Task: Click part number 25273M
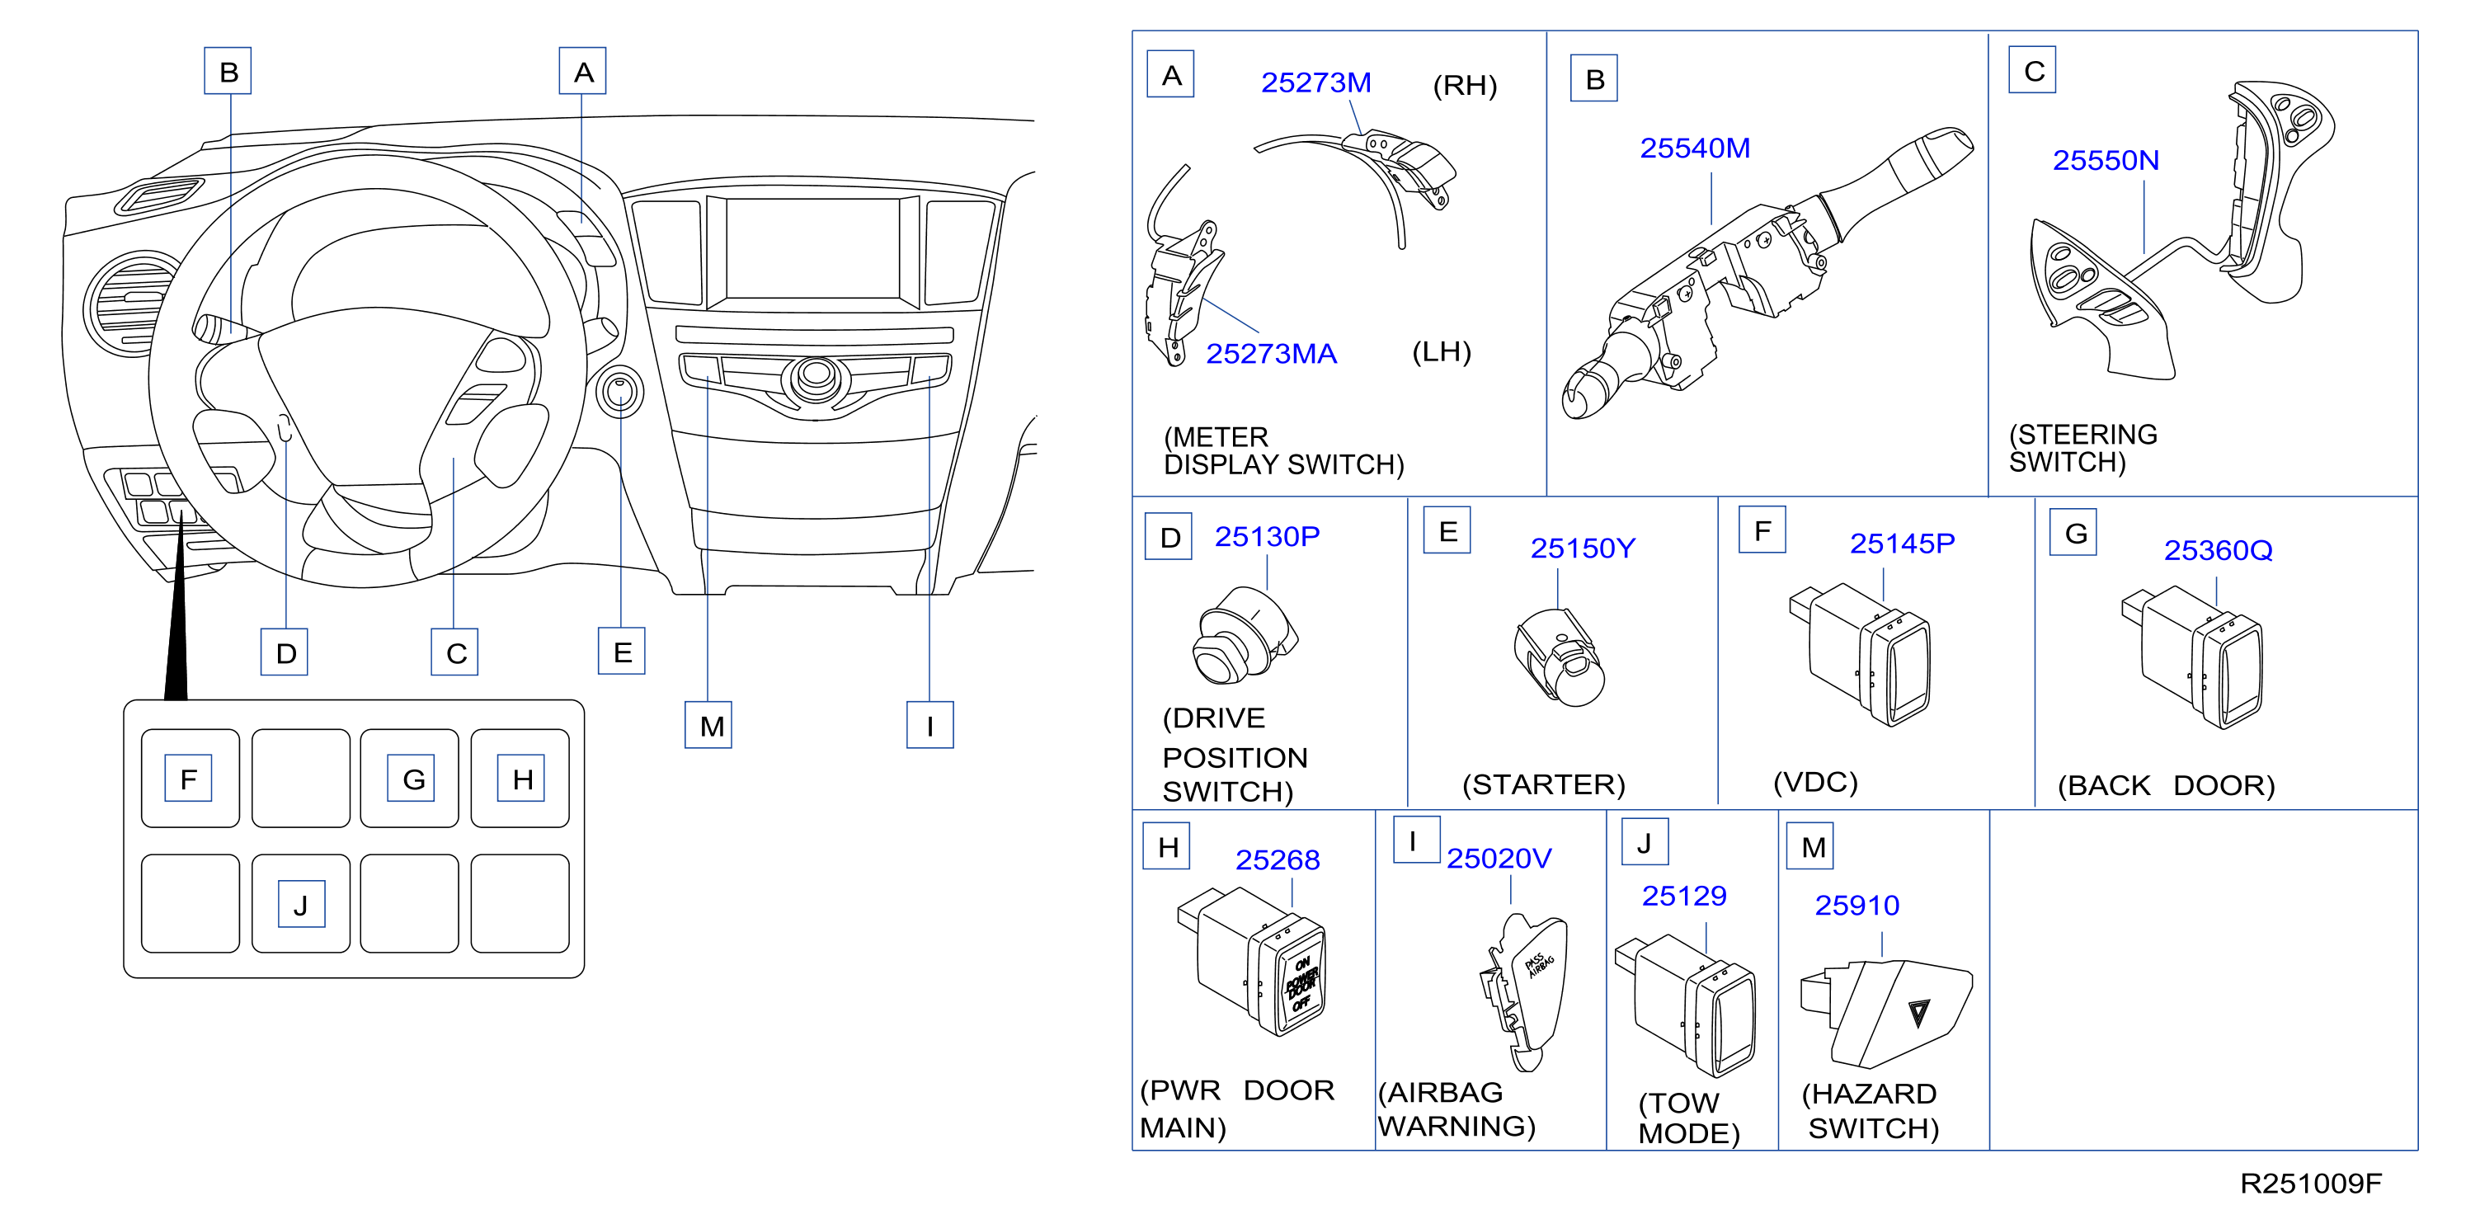click(1315, 82)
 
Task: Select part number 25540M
click(1694, 148)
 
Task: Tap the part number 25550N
click(2106, 160)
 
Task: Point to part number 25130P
click(1266, 536)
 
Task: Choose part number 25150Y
click(1583, 548)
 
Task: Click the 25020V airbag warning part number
click(1499, 858)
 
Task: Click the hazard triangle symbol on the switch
click(1918, 1012)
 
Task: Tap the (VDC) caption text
click(1814, 782)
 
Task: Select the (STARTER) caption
click(1543, 785)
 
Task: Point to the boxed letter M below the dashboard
click(708, 725)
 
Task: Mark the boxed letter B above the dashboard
click(228, 71)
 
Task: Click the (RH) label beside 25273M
click(1464, 86)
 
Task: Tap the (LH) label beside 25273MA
click(1441, 351)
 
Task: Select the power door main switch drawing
click(1252, 961)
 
